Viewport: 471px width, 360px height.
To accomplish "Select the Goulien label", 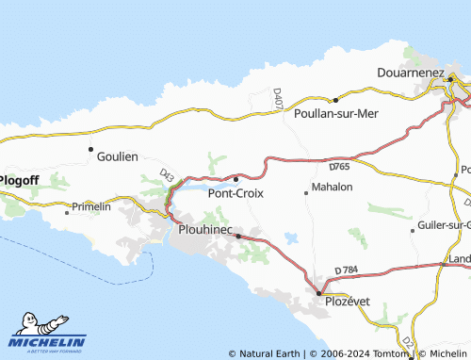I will coord(117,157).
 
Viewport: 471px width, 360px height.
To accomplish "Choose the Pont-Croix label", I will coord(235,193).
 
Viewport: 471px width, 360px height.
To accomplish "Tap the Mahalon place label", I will coord(331,187).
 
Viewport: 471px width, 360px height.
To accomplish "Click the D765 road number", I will coord(340,167).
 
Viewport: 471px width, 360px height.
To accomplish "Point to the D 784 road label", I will coord(348,271).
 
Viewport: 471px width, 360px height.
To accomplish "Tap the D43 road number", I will coord(167,175).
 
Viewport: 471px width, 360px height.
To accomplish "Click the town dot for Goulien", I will coord(90,149).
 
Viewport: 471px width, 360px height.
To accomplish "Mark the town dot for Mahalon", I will coord(306,193).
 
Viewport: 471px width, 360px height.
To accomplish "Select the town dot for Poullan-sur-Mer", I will coord(335,99).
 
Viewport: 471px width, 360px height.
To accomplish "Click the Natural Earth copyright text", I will coord(266,353).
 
